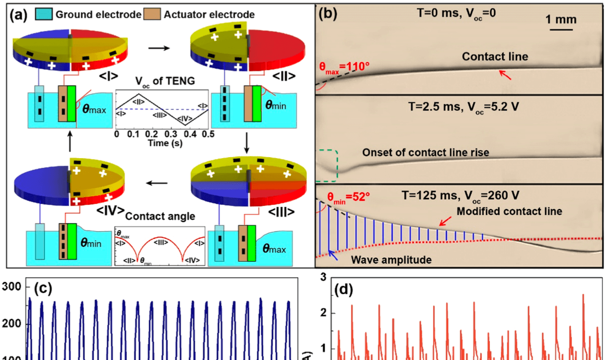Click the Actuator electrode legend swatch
pyautogui.click(x=149, y=15)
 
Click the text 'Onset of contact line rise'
pyautogui.click(x=426, y=152)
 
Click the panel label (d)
pyautogui.click(x=344, y=291)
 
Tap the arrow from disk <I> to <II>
pyautogui.click(x=155, y=48)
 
